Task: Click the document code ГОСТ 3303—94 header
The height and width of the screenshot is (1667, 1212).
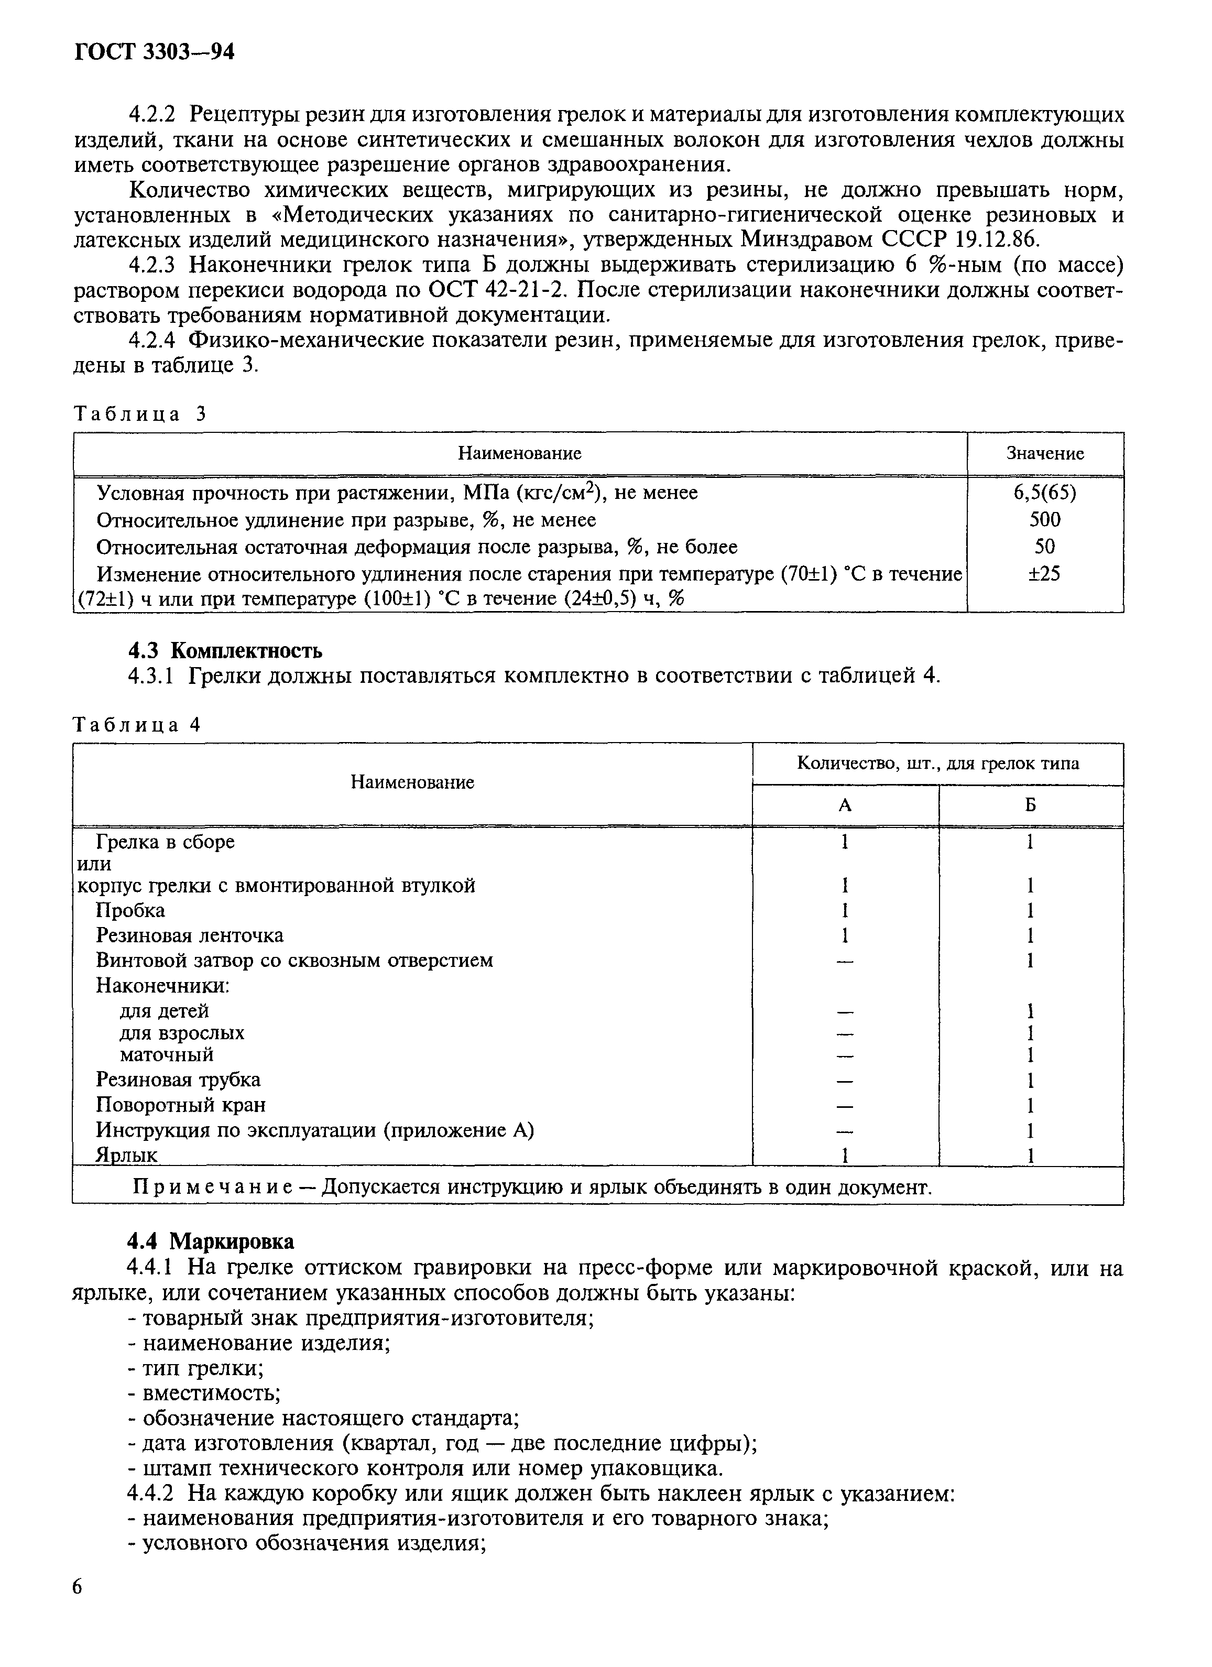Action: click(x=155, y=51)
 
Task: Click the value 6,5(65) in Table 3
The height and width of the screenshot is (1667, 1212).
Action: click(x=1044, y=493)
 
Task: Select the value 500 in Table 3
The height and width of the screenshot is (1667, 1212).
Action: click(x=1044, y=520)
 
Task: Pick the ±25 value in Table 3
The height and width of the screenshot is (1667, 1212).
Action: click(x=1044, y=574)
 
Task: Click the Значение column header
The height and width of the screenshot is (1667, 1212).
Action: click(x=1044, y=453)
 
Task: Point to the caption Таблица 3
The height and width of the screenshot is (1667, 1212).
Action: click(x=140, y=414)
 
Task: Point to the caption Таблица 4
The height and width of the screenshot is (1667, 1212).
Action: click(x=137, y=725)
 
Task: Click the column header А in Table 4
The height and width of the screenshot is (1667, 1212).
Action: click(x=845, y=805)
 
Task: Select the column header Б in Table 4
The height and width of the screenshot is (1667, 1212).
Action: click(x=1031, y=805)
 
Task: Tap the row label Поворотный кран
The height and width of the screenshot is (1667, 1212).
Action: click(x=181, y=1105)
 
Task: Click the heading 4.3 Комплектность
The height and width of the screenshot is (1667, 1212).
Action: click(x=225, y=650)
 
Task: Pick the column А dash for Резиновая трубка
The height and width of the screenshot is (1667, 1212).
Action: click(x=845, y=1081)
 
